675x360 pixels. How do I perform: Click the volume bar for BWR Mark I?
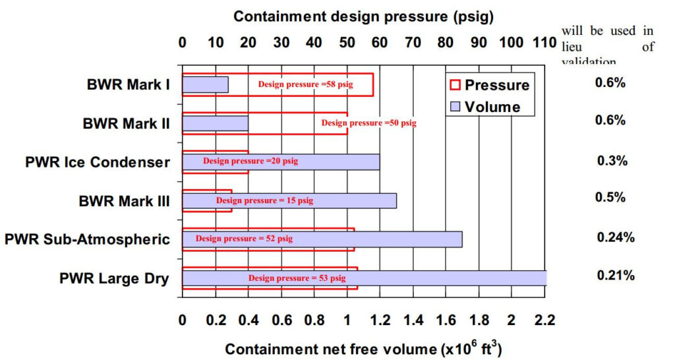tap(205, 84)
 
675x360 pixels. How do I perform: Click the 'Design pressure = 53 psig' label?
tap(297, 278)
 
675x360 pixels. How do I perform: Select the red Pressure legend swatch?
tap(454, 85)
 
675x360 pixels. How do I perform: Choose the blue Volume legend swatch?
tap(454, 107)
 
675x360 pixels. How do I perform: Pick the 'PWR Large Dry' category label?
tap(113, 278)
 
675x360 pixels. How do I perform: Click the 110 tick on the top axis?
tap(544, 43)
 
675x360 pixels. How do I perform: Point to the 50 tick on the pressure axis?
tap(347, 43)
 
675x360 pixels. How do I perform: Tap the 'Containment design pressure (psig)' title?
tap(363, 16)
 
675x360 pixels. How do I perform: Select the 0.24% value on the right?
tap(616, 237)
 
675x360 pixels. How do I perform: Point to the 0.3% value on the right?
tap(612, 161)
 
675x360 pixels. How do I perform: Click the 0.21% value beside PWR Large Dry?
tap(616, 276)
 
